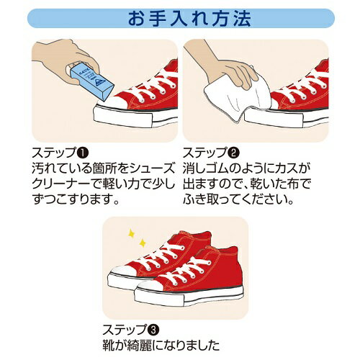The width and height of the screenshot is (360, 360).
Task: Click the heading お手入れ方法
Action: pos(179,18)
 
